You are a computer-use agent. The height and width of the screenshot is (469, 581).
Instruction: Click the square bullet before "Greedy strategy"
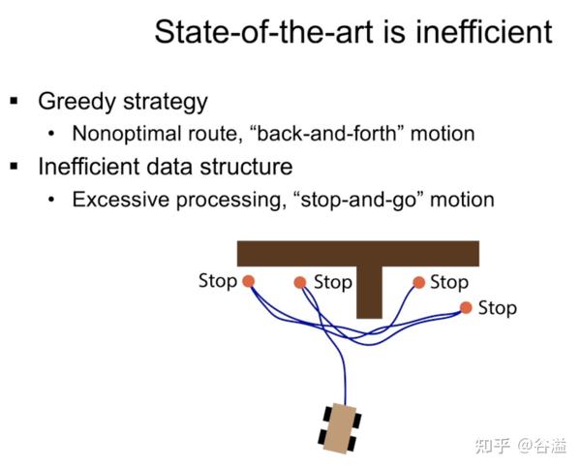pyautogui.click(x=15, y=101)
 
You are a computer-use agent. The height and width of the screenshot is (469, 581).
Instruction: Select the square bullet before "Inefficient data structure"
pyautogui.click(x=15, y=166)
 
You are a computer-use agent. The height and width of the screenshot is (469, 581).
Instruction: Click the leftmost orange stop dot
pyautogui.click(x=248, y=281)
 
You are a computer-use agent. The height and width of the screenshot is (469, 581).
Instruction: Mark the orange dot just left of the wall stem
pyautogui.click(x=300, y=283)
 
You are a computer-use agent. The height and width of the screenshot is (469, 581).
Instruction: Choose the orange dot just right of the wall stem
pyautogui.click(x=418, y=283)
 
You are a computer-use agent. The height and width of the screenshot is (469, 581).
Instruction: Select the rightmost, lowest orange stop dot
pyautogui.click(x=466, y=308)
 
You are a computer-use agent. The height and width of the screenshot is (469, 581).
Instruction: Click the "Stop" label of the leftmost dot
pyautogui.click(x=217, y=280)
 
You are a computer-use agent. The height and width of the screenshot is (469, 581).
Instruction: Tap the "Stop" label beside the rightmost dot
pyautogui.click(x=498, y=308)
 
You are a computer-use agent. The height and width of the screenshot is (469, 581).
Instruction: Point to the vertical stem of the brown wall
pyautogui.click(x=368, y=291)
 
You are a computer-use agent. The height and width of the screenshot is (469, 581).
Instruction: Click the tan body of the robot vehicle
pyautogui.click(x=340, y=427)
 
